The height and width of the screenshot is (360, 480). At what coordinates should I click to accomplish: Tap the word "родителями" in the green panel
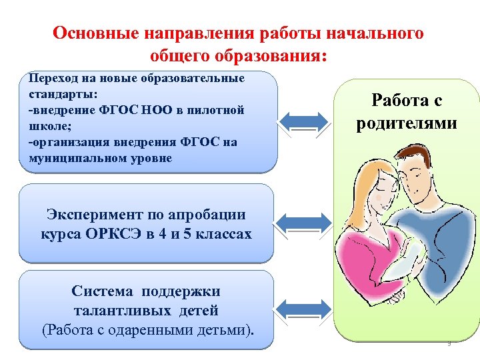pos(406,123)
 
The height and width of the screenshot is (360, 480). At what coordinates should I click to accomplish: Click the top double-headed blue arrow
pos(303,121)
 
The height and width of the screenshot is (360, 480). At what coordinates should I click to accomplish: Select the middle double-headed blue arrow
pos(303,222)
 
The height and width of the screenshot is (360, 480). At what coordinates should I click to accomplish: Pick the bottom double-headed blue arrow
pos(303,308)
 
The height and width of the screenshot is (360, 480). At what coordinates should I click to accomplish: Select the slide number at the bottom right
pos(449,344)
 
